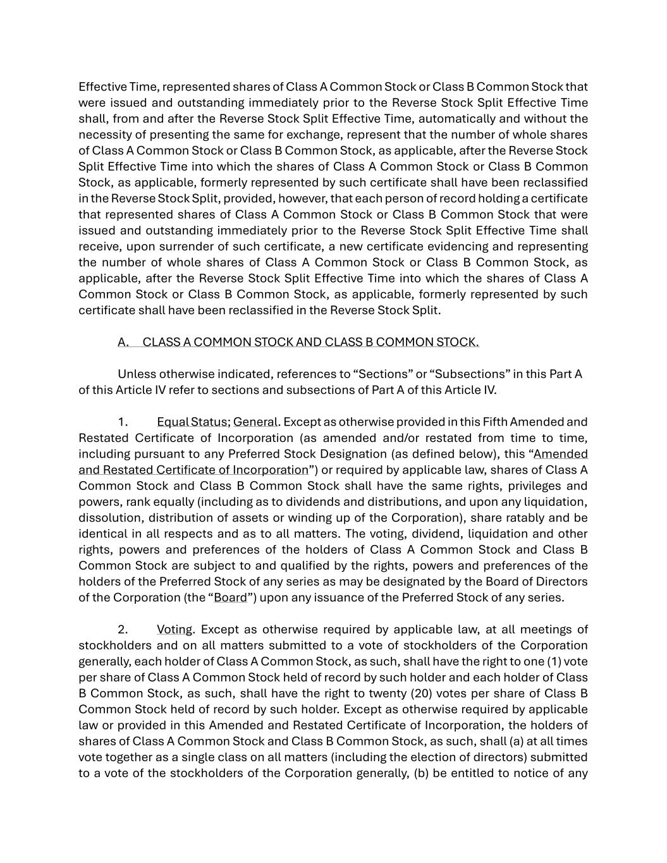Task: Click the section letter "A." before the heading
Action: tap(123, 342)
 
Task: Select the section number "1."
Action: tap(123, 422)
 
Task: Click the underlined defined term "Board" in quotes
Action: tap(230, 597)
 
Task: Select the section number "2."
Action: tap(123, 630)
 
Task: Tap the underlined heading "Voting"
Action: tap(174, 630)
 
